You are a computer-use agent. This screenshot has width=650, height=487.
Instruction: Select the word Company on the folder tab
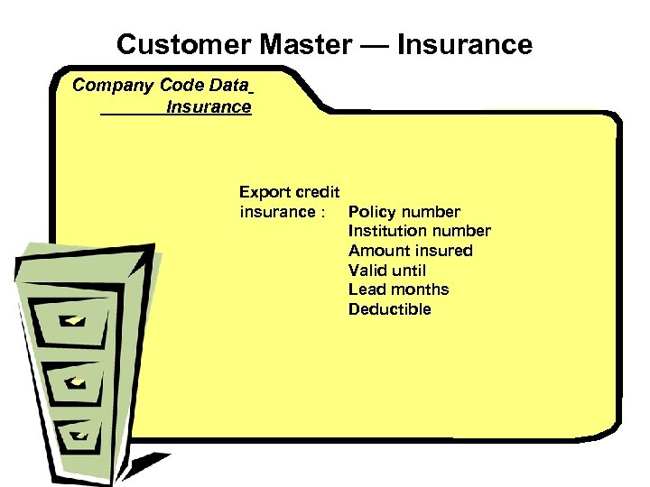(x=113, y=86)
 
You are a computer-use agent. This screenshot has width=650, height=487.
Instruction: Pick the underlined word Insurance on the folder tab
(x=209, y=107)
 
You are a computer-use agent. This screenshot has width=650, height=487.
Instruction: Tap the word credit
(x=318, y=192)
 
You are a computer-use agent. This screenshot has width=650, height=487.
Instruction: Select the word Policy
(x=373, y=213)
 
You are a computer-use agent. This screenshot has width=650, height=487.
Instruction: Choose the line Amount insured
(x=410, y=251)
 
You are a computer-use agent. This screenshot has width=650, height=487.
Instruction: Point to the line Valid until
(x=386, y=271)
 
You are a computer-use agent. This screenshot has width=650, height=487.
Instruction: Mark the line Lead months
(x=398, y=289)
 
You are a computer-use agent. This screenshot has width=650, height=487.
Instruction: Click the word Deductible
(x=389, y=309)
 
